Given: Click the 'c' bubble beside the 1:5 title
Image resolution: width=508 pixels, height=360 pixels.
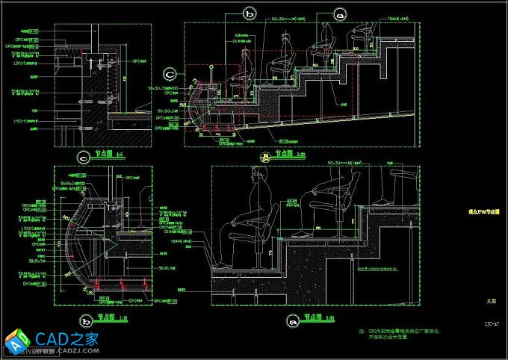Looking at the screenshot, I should point(83,157).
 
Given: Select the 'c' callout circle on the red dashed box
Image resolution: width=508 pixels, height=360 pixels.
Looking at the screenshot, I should point(170,73).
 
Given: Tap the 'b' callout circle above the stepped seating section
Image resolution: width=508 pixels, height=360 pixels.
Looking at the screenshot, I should point(250,13).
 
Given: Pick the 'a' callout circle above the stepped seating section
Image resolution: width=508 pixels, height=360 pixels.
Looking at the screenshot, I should point(341,13).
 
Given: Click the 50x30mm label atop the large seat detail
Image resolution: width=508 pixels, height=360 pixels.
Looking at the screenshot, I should point(343,161).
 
